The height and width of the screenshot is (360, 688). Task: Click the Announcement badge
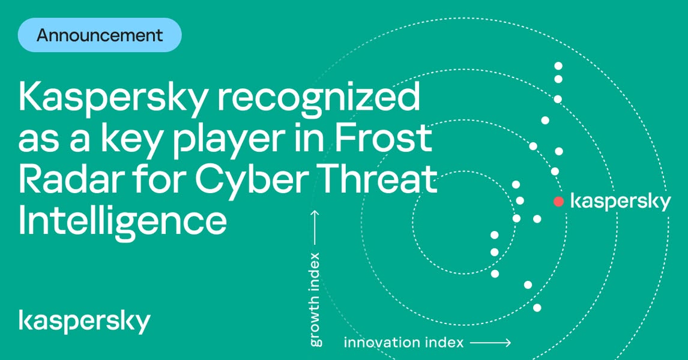tap(100, 35)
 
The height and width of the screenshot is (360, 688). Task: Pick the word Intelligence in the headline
tap(123, 222)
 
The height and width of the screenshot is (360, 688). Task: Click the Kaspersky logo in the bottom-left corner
tap(85, 322)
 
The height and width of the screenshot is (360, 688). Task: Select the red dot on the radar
tap(558, 201)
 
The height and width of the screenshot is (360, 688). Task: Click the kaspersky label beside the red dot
tap(620, 203)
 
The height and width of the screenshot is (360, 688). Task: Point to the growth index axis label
tap(315, 299)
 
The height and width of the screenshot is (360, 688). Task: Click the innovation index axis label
tap(403, 342)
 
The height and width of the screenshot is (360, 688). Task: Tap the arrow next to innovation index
tap(490, 342)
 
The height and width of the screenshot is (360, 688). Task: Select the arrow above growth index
tap(315, 228)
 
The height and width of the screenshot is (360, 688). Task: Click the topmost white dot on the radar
tap(558, 66)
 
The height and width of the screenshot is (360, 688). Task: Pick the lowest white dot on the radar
tap(537, 307)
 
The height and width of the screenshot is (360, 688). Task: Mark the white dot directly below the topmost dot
tap(558, 79)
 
